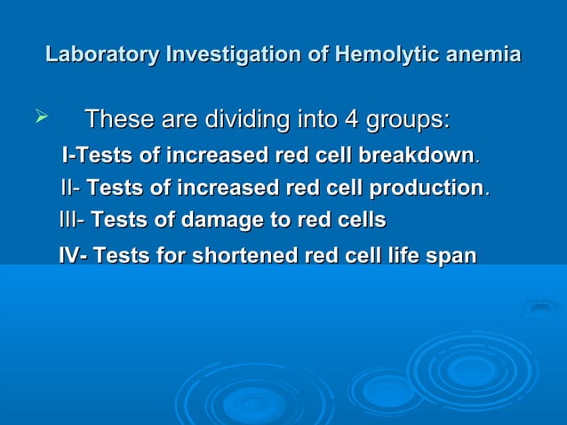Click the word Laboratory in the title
101,55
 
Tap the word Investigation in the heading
229,55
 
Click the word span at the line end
452,256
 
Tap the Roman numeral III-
72,220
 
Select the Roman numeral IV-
73,256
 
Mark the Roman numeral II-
71,188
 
